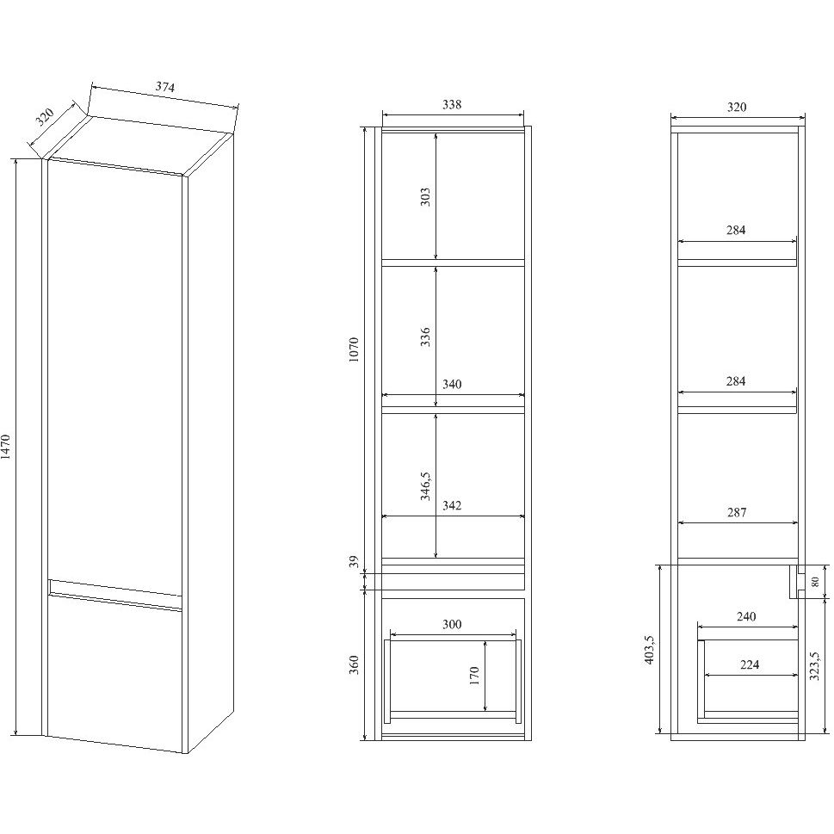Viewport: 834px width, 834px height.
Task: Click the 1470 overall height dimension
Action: coord(6,446)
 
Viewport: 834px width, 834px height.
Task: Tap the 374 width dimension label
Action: coord(165,87)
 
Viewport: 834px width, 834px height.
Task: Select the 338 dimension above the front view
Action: coord(452,105)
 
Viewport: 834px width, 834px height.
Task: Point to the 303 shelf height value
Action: coord(425,197)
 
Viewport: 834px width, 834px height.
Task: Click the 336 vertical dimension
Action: coord(425,337)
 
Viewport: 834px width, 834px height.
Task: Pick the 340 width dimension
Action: coord(452,384)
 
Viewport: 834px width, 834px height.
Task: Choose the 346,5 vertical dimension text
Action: coord(425,486)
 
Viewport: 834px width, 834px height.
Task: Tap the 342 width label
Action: coord(452,505)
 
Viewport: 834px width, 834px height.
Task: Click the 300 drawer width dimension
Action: coord(452,625)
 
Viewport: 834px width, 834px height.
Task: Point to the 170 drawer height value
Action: coord(474,676)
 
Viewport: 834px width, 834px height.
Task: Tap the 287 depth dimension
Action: coord(737,512)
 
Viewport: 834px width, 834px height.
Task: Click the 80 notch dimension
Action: coord(814,581)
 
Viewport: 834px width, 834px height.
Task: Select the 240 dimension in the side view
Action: coord(745,616)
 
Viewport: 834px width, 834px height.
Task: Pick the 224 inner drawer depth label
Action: coord(750,664)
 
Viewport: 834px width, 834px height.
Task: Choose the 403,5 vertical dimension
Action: coord(650,650)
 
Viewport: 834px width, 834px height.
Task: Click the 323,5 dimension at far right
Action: coord(814,666)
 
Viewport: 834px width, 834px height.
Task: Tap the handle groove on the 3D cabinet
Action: coord(114,594)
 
